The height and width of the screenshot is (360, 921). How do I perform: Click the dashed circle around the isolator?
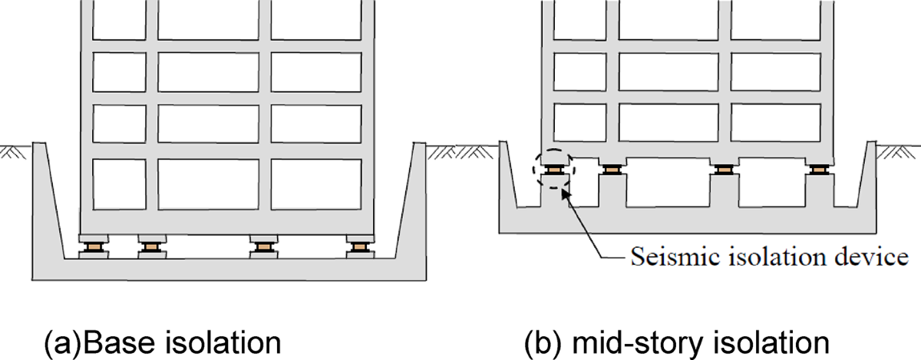pyautogui.click(x=553, y=167)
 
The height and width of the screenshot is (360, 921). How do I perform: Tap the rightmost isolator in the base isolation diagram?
pyautogui.click(x=358, y=246)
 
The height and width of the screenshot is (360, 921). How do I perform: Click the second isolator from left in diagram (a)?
pyautogui.click(x=150, y=246)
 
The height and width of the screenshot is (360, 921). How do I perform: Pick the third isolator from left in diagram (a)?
pyautogui.click(x=262, y=246)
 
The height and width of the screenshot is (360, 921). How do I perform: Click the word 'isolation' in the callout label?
pyautogui.click(x=770, y=256)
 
